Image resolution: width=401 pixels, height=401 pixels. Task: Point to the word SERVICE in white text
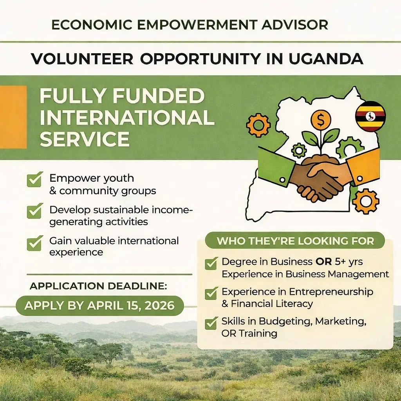(85, 139)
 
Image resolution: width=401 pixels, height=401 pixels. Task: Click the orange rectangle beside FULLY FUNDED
(13, 117)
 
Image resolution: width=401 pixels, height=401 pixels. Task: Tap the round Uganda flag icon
(370, 116)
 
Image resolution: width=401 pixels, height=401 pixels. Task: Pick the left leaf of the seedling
(310, 138)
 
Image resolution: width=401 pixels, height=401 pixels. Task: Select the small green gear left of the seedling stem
(299, 150)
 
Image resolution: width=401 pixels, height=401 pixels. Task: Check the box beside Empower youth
(34, 179)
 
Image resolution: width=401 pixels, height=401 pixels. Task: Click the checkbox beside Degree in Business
(211, 263)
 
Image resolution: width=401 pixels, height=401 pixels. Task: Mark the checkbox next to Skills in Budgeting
(211, 323)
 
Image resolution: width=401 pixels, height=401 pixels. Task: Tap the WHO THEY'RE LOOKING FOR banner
(295, 240)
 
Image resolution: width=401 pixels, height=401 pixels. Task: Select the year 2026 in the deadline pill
(158, 305)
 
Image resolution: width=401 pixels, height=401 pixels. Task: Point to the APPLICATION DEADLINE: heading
(98, 286)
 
